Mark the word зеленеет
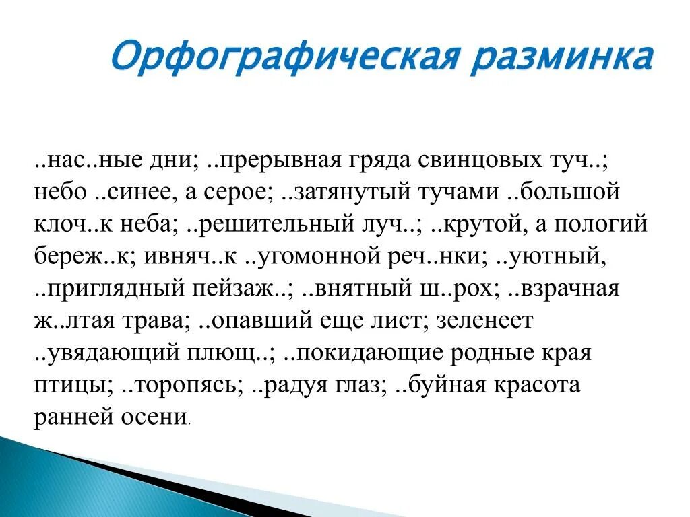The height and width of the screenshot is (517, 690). pyautogui.click(x=484, y=321)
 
